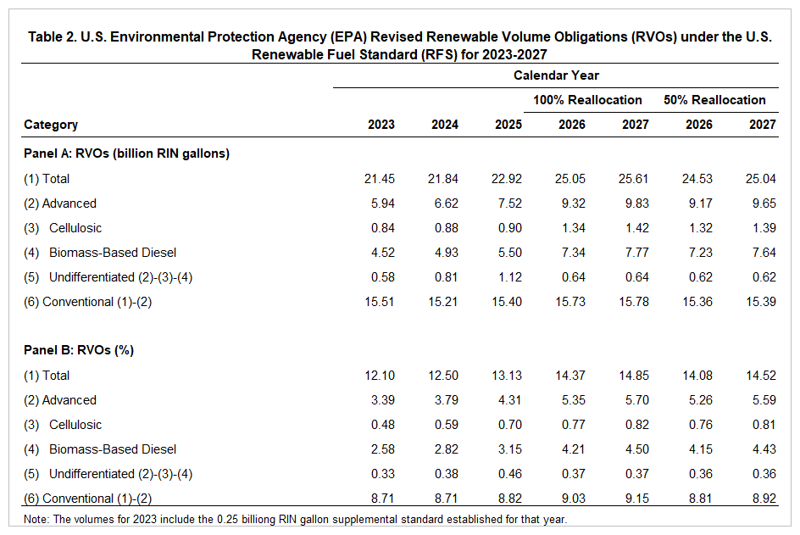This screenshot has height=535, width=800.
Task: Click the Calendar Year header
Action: (x=556, y=75)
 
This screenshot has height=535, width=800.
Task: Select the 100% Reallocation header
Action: (x=587, y=100)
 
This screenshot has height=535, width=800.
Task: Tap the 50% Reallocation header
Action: (x=714, y=100)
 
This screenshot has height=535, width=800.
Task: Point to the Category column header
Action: (x=51, y=125)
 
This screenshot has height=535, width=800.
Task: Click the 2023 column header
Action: (x=381, y=125)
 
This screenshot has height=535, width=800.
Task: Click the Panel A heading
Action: (x=127, y=153)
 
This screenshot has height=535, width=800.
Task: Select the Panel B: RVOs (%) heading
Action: (x=79, y=350)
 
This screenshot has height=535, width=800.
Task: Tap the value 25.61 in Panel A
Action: (x=635, y=179)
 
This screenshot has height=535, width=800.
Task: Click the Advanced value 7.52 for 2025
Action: (x=508, y=203)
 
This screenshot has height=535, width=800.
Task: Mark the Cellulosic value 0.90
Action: (x=508, y=228)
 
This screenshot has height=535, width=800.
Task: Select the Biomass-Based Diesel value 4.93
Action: (x=444, y=253)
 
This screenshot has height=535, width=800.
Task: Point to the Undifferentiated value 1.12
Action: (x=508, y=277)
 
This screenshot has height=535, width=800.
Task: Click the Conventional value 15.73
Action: (x=571, y=302)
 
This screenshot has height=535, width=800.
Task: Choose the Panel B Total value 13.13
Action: (x=508, y=376)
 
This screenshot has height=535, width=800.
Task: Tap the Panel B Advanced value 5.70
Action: (x=635, y=400)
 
